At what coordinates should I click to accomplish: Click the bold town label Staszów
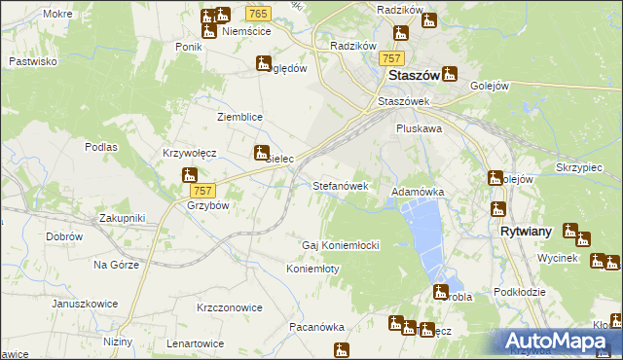click(411, 75)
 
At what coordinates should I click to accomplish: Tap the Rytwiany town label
click(527, 233)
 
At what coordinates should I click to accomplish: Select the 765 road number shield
click(258, 13)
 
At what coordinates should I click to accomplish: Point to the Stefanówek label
click(340, 185)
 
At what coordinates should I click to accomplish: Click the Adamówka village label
click(418, 193)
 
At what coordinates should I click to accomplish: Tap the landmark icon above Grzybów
click(190, 175)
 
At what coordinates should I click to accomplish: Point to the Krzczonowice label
click(230, 307)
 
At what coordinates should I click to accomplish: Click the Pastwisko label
click(32, 61)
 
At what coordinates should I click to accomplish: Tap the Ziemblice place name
click(239, 117)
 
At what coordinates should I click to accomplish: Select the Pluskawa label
click(420, 127)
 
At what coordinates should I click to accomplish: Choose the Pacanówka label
click(317, 328)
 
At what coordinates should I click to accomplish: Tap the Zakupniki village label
click(121, 219)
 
